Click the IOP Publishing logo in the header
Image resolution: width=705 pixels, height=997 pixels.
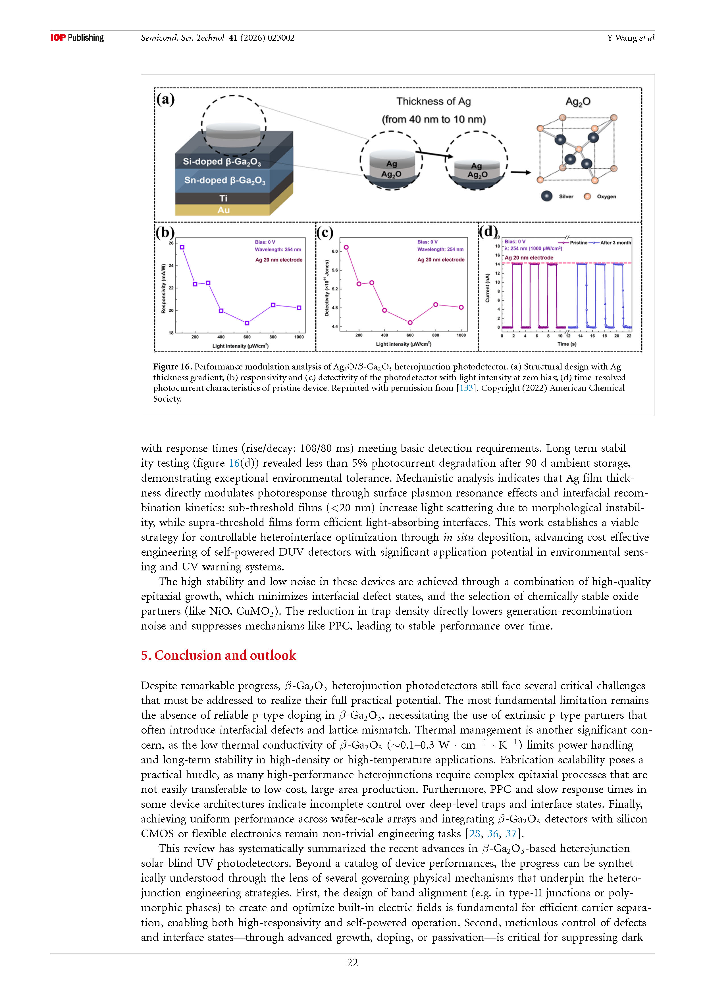(x=77, y=38)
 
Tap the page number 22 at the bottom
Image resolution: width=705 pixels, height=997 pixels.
(x=352, y=963)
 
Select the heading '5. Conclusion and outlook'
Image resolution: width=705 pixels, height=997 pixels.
(x=218, y=655)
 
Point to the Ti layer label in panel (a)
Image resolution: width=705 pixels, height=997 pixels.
(x=223, y=198)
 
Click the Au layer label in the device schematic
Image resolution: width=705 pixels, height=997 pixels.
(x=223, y=210)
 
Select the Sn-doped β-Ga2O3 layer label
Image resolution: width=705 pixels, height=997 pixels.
(x=224, y=180)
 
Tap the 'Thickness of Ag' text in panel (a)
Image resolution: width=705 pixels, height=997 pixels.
(x=433, y=102)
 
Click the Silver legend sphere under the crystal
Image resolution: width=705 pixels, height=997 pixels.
(x=546, y=196)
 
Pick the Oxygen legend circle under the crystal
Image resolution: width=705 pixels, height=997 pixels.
(x=587, y=196)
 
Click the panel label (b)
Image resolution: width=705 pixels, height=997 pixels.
(x=165, y=233)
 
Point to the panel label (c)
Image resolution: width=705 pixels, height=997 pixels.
(x=325, y=233)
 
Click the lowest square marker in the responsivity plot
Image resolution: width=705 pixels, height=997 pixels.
(x=247, y=323)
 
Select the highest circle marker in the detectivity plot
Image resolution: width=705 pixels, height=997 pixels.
(x=346, y=248)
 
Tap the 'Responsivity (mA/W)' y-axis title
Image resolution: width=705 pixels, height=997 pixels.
(x=163, y=289)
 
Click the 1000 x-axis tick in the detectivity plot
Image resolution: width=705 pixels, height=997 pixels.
(x=461, y=335)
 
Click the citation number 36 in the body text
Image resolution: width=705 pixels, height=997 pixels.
(x=493, y=834)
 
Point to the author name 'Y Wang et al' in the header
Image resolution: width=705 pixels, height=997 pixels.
(x=630, y=38)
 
